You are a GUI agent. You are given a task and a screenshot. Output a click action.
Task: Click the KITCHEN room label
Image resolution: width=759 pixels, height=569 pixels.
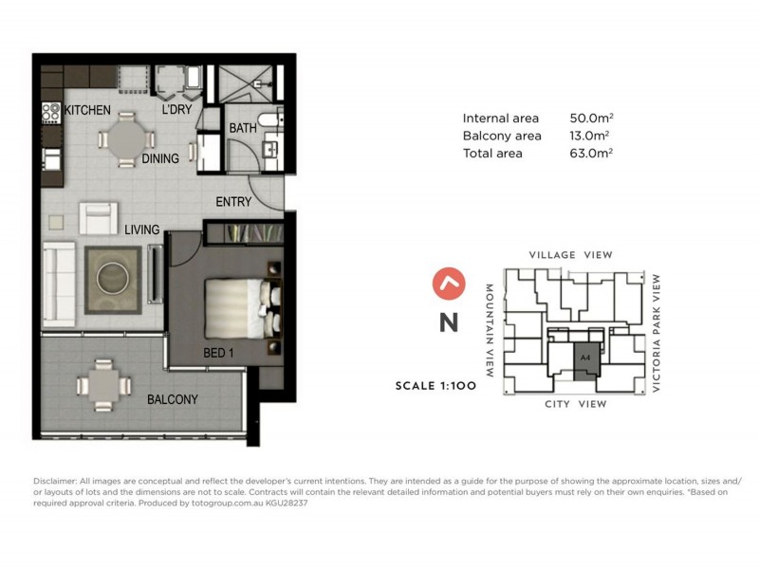87,111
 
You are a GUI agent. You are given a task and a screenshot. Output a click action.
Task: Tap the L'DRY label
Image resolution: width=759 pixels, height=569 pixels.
177,111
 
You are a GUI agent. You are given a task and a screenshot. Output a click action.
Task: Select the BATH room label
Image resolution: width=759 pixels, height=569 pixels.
242,128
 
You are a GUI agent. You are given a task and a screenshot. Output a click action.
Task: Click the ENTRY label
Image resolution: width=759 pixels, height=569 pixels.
233,202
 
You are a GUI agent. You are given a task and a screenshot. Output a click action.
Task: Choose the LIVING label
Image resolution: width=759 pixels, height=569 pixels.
140,229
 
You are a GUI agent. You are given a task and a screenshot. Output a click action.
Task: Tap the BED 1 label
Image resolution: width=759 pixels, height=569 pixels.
219,353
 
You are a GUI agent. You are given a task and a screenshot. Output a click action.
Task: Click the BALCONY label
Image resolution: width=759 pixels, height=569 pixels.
173,399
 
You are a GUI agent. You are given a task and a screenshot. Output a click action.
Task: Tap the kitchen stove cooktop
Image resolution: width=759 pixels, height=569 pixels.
50,114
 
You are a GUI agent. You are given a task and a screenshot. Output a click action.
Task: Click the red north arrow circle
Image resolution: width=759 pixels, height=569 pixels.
448,283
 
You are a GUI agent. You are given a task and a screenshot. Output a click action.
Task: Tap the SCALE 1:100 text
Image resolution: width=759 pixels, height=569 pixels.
437,387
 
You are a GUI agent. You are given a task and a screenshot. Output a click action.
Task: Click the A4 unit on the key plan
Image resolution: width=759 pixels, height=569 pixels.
585,358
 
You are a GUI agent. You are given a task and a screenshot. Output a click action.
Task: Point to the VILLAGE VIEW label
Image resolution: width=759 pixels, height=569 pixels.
570,255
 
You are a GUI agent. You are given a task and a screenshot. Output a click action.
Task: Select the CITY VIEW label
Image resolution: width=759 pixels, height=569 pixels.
575,404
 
